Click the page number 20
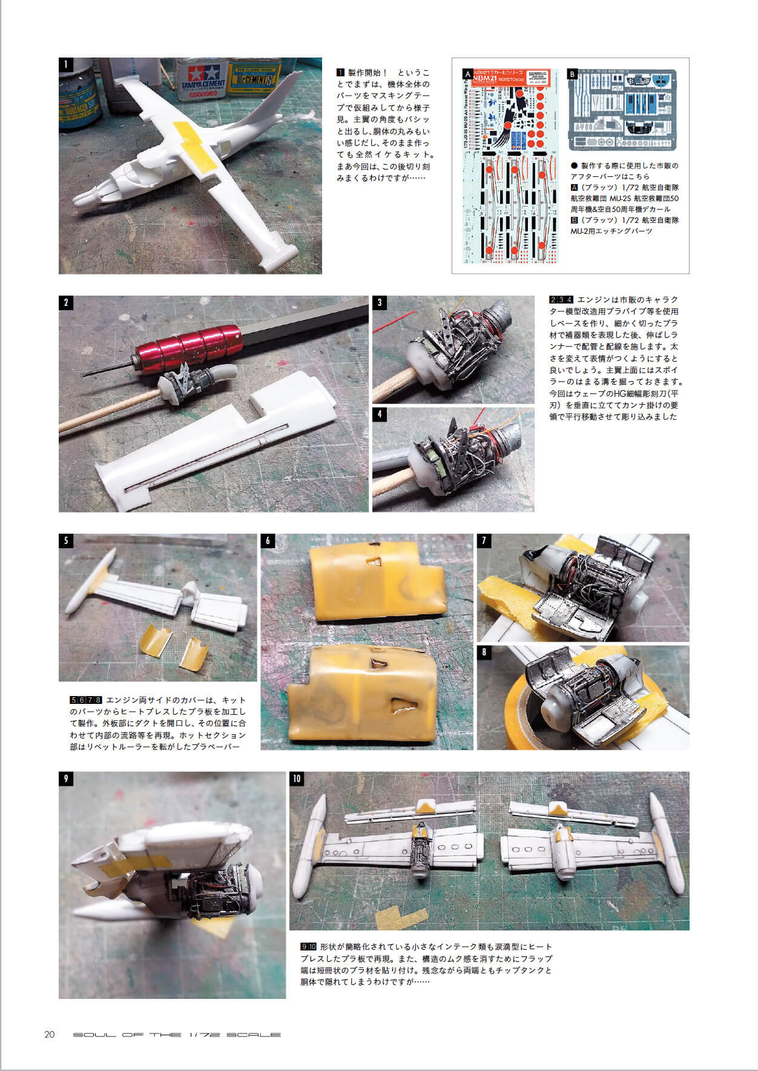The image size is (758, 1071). click(50, 1034)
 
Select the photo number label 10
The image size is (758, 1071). click(297, 778)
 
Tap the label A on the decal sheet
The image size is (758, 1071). click(467, 74)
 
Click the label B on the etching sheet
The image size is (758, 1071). click(573, 74)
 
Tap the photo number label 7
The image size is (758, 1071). click(484, 541)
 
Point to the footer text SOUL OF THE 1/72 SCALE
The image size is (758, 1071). click(177, 1035)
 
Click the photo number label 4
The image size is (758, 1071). click(380, 414)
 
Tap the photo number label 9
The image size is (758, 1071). click(66, 778)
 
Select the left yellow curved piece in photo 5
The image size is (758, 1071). click(155, 642)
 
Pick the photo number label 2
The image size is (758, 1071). click(66, 303)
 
